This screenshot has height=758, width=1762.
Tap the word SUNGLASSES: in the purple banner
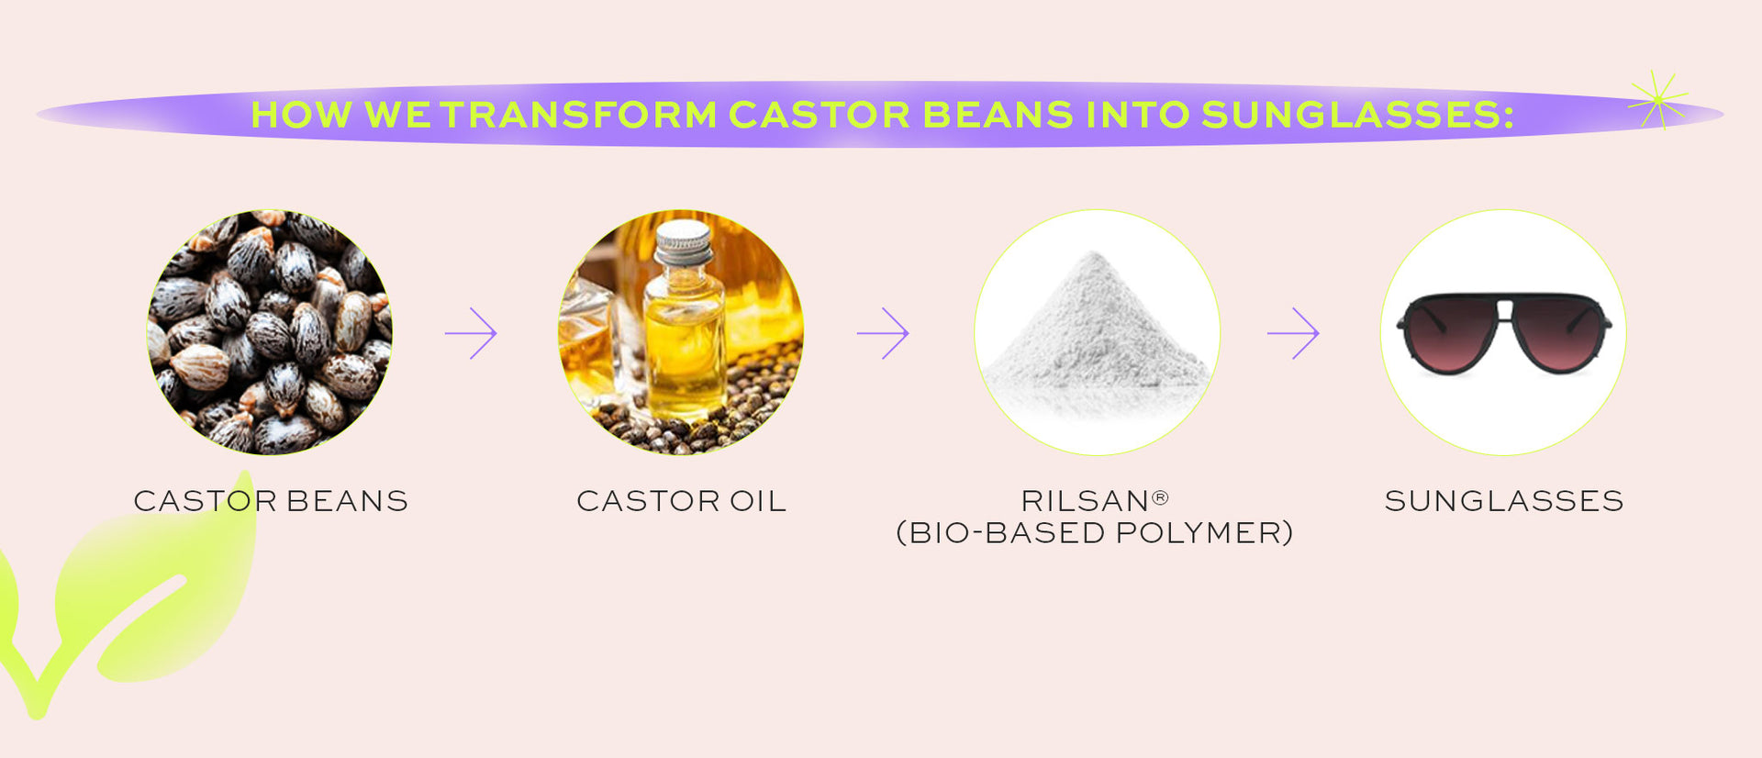[1357, 115]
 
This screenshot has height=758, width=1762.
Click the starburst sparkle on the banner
[1658, 99]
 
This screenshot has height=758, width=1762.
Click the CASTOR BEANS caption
[271, 501]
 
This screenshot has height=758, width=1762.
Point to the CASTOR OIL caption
[682, 501]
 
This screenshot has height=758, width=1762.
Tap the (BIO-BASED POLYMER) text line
[1095, 533]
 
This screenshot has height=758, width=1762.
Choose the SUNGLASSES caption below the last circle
[1504, 501]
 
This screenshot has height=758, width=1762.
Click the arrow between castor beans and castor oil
[471, 333]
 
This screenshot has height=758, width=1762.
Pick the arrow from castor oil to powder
[883, 333]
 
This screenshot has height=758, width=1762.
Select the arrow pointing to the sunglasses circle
[1293, 333]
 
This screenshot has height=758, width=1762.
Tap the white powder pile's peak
[1093, 253]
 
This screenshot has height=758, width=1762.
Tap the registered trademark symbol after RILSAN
[1160, 497]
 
